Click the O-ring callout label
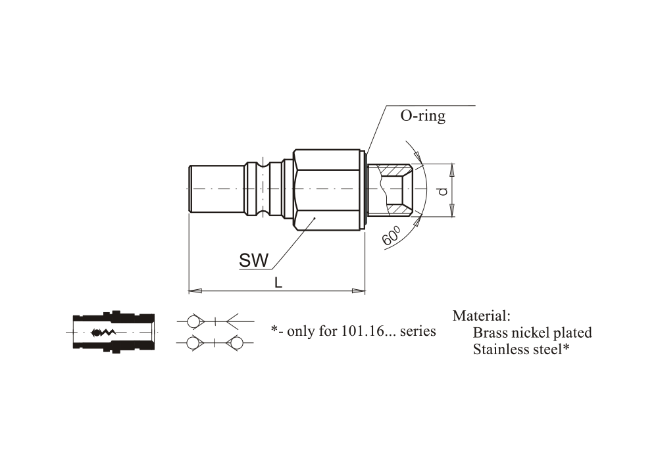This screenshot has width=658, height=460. [x=422, y=116]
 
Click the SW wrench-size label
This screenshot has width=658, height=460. [x=253, y=260]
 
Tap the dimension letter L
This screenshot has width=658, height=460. [x=278, y=283]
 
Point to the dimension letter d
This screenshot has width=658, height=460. [x=443, y=191]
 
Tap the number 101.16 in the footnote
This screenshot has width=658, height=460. [x=363, y=331]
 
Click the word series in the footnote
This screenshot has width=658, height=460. [x=418, y=331]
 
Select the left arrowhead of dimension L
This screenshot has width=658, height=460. [x=195, y=290]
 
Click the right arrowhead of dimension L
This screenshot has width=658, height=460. [x=359, y=290]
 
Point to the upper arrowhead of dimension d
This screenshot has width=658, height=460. [x=452, y=170]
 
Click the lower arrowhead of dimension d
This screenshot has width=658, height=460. [x=452, y=210]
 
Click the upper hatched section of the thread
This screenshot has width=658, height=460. [x=395, y=170]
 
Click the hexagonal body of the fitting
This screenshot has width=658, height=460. [x=327, y=190]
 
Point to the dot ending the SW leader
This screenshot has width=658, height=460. [x=315, y=218]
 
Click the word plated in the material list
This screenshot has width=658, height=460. [x=573, y=333]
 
